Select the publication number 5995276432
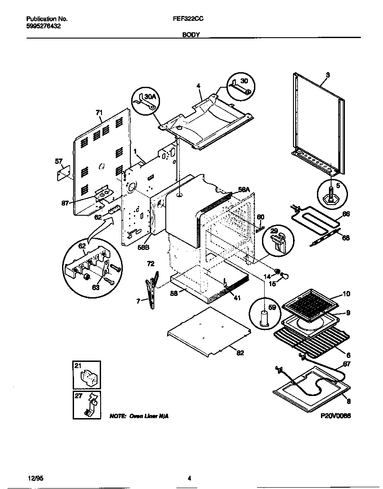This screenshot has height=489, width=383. pyautogui.click(x=44, y=26)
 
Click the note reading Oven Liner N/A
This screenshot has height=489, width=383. pyautogui.click(x=139, y=416)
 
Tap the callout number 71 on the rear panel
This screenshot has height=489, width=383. pyautogui.click(x=99, y=113)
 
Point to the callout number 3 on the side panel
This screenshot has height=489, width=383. pyautogui.click(x=327, y=75)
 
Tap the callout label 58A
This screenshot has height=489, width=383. pyautogui.click(x=244, y=190)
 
